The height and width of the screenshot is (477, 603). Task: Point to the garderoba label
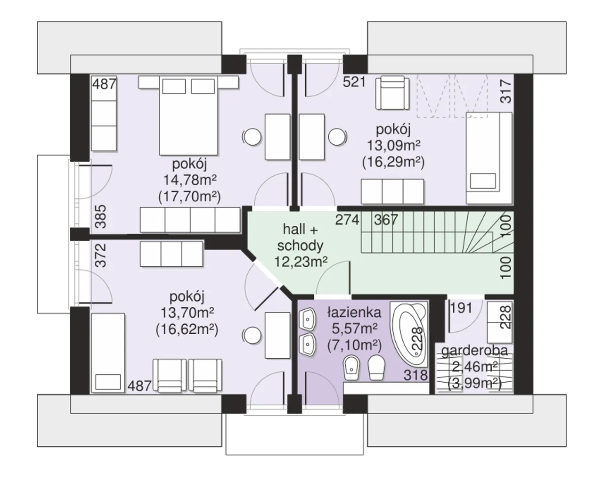[474, 351]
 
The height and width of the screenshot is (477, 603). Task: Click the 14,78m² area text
[190, 180]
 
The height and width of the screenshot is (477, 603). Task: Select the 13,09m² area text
[393, 146]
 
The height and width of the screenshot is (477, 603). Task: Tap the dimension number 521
[354, 82]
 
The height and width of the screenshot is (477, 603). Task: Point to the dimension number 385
[101, 216]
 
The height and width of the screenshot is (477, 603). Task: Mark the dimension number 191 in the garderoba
[461, 308]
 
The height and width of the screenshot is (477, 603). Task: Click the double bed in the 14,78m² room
[188, 115]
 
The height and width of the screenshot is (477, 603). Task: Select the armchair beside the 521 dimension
[392, 92]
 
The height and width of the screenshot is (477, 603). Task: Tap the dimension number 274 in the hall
[347, 220]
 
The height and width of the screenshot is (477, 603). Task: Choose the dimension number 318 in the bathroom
[416, 375]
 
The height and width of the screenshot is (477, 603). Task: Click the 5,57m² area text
[354, 329]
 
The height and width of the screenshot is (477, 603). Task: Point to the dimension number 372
[101, 255]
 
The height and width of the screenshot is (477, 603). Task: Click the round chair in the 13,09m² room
[338, 137]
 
